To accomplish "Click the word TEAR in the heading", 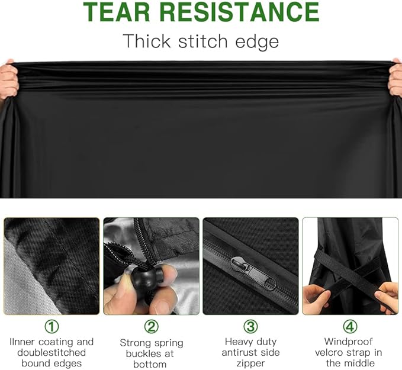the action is coord(117,12).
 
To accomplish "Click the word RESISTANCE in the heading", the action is coord(239,12).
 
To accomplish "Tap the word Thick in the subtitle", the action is coord(147,41).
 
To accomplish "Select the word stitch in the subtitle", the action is coord(203,41).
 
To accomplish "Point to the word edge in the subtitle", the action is coord(257,42).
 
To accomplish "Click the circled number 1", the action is coord(52,327).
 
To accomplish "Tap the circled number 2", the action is coord(151,327).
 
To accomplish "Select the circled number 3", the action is coord(250,327).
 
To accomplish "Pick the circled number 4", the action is coord(350,327).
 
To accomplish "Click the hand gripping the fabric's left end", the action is coord(8,79).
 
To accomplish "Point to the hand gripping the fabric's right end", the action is coord(395,77).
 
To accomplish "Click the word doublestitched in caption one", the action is coord(52,353).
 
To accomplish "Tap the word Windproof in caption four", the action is coord(348,342).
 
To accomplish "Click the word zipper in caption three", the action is coord(250,363).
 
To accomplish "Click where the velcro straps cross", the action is coord(348,272).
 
